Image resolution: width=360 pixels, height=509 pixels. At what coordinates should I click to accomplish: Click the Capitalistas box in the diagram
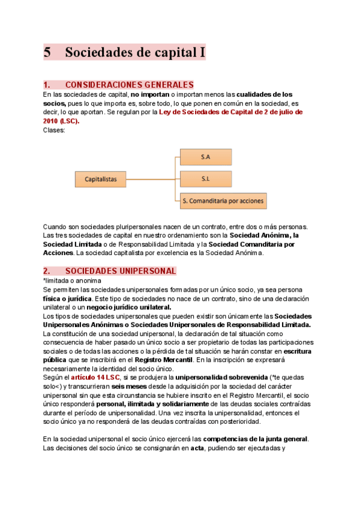(101, 179)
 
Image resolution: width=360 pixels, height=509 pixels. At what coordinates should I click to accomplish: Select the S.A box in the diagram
(205, 157)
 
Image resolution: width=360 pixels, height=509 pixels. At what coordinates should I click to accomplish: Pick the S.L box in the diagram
(205, 178)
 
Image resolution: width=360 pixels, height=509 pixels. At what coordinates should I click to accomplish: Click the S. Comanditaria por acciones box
(223, 201)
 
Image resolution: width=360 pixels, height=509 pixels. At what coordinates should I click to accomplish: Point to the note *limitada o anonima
(71, 280)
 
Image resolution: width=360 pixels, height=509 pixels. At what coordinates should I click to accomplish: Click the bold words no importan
(151, 94)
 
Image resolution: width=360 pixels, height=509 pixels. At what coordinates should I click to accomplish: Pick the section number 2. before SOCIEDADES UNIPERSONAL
(48, 271)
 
